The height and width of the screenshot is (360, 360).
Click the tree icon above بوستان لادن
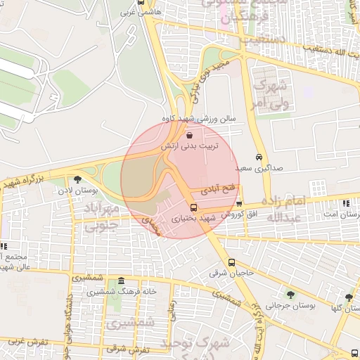pyautogui.click(x=77, y=180)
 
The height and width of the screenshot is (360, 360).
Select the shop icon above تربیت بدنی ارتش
pyautogui.click(x=190, y=135)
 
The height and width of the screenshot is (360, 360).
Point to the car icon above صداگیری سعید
pyautogui.click(x=260, y=157)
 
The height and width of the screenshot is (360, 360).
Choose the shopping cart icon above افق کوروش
pyautogui.click(x=239, y=203)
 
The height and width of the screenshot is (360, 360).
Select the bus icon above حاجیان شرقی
pyautogui.click(x=232, y=263)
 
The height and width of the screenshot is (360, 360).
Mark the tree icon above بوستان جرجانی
pyautogui.click(x=290, y=295)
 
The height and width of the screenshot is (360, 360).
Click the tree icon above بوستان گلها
pyautogui.click(x=349, y=297)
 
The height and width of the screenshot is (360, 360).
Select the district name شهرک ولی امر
pyautogui.click(x=268, y=95)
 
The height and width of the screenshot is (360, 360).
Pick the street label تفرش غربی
pyautogui.click(x=29, y=342)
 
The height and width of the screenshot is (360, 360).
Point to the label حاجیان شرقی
pyautogui.click(x=234, y=273)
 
